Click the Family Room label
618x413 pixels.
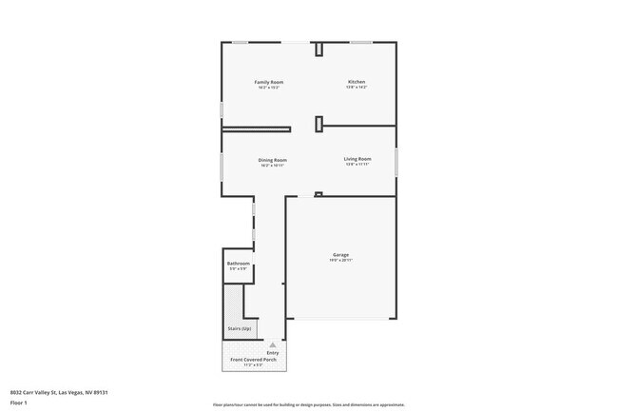268,83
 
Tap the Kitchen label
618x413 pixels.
357,83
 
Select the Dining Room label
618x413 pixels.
273,159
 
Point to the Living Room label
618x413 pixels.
357,158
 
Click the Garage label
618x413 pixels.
340,254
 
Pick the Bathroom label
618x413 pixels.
238,264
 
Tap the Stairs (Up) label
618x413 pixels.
239,328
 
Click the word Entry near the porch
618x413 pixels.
273,352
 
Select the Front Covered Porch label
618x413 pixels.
252,359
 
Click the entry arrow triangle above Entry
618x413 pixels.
273,344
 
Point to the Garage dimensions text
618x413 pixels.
340,260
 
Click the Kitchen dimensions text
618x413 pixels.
357,88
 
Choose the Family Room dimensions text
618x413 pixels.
268,88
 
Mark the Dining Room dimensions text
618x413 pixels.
273,165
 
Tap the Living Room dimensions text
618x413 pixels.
357,165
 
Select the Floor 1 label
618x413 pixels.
18,403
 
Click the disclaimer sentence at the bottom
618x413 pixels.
308,403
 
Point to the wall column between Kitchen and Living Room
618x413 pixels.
319,122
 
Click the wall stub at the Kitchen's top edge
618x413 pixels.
319,49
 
